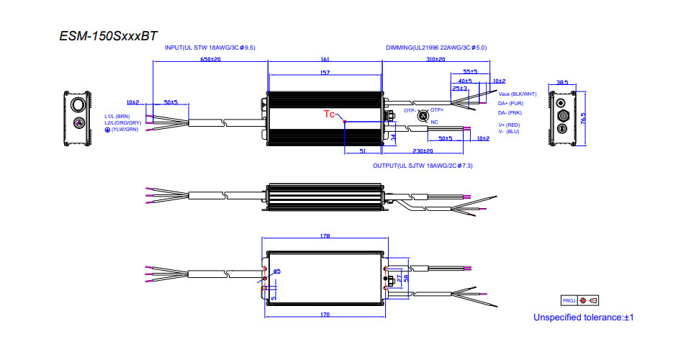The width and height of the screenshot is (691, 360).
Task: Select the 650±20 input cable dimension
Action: pyautogui.click(x=210, y=60)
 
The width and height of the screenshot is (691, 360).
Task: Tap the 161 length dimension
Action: pyautogui.click(x=324, y=60)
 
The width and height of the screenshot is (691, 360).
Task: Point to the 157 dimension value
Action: pyautogui.click(x=324, y=73)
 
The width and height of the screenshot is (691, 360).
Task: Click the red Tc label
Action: pyautogui.click(x=329, y=114)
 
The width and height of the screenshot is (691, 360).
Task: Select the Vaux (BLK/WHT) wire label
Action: pyautogui.click(x=517, y=94)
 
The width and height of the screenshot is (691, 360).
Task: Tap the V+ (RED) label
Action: pyautogui.click(x=509, y=125)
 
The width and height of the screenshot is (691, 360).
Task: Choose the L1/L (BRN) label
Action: pyautogui.click(x=117, y=116)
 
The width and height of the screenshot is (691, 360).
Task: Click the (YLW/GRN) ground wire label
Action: pyautogui.click(x=120, y=129)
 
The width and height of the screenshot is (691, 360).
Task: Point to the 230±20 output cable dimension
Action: pyautogui.click(x=423, y=151)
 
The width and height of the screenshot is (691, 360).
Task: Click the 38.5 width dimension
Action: pyautogui.click(x=562, y=82)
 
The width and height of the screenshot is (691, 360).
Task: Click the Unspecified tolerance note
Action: pyautogui.click(x=583, y=317)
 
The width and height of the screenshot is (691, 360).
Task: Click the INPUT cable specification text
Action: pyautogui.click(x=210, y=47)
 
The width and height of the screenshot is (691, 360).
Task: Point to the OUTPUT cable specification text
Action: pyautogui.click(x=423, y=166)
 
